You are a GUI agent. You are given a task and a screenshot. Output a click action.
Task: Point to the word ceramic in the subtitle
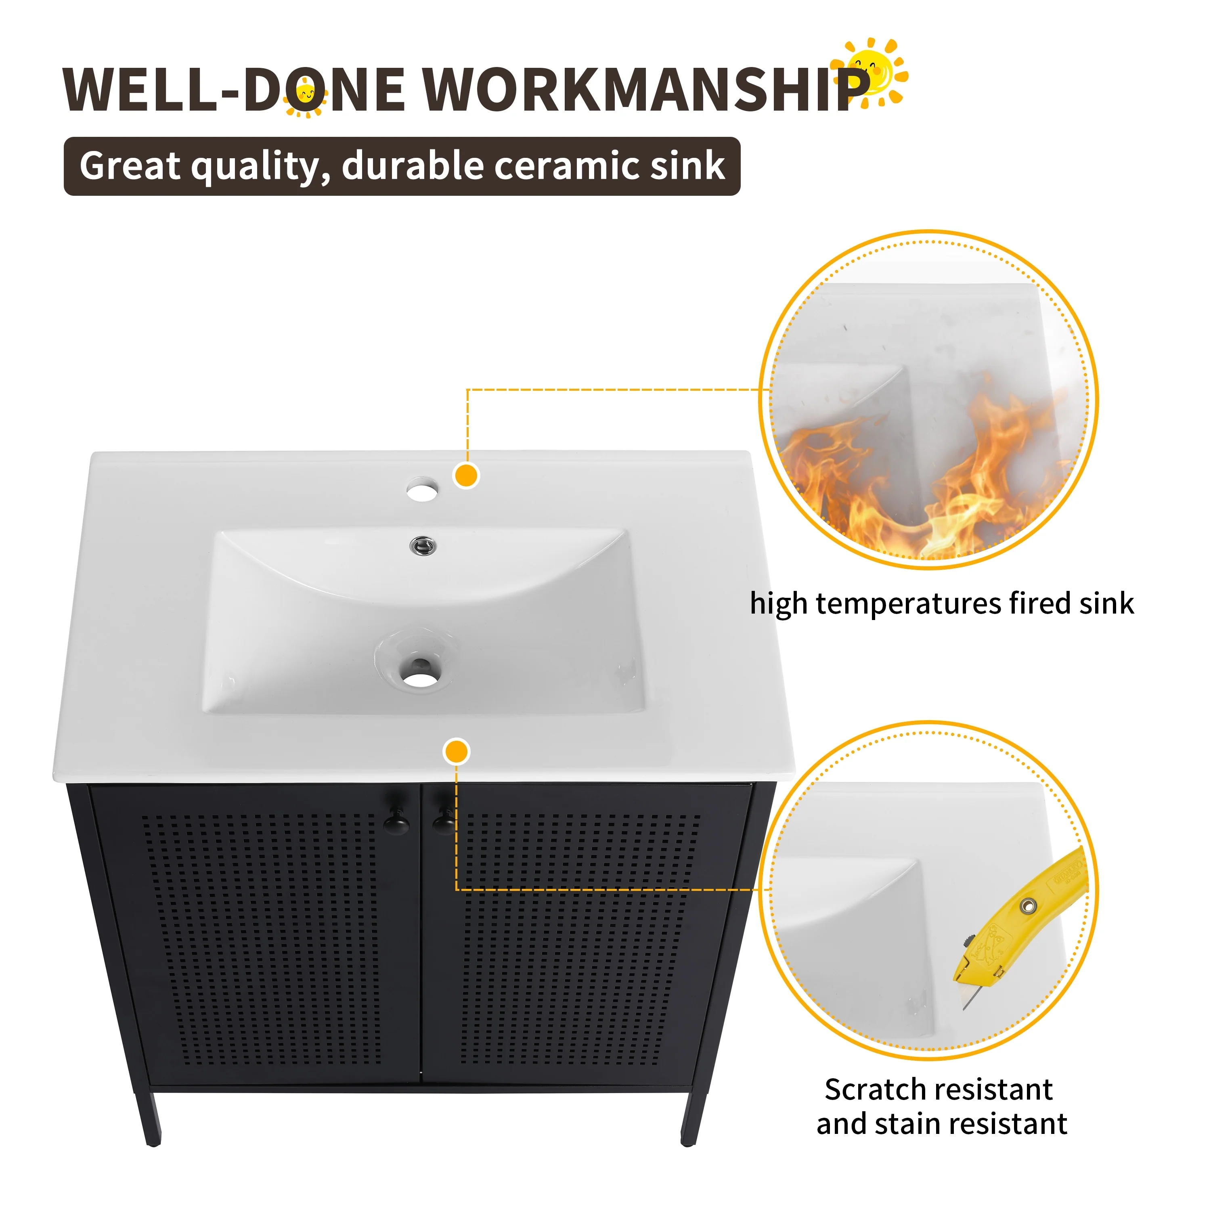pyautogui.click(x=567, y=166)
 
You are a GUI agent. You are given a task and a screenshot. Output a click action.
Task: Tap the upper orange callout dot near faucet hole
pyautogui.click(x=466, y=476)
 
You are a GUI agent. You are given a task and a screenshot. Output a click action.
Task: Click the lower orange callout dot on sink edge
pyautogui.click(x=456, y=752)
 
